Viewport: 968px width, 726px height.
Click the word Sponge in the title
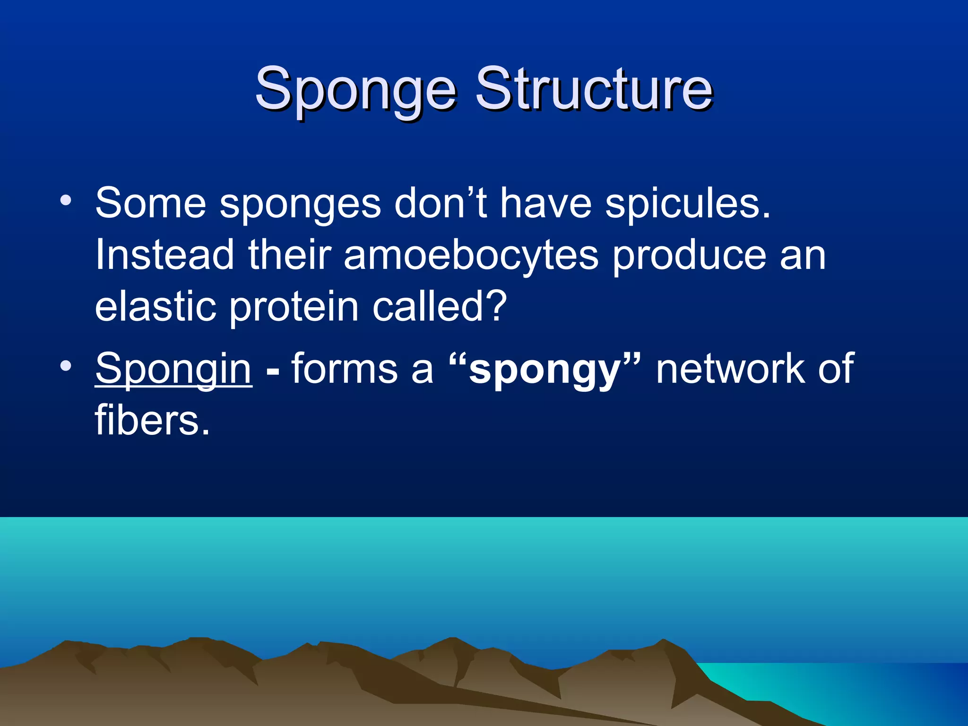click(355, 90)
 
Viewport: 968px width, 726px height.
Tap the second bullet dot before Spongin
click(66, 365)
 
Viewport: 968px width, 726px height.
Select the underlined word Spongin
click(173, 369)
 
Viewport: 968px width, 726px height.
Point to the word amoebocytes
click(471, 255)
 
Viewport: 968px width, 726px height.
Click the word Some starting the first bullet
click(150, 203)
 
